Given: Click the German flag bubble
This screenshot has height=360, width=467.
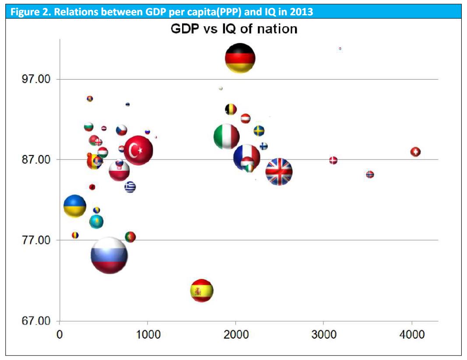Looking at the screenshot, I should click(240, 58).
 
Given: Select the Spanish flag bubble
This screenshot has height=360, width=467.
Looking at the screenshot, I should click(202, 291).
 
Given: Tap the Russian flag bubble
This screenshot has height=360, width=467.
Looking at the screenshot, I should click(109, 255).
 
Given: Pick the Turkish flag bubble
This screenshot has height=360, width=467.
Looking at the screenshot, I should click(138, 150).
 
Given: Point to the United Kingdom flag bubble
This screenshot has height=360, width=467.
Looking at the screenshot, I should click(279, 172).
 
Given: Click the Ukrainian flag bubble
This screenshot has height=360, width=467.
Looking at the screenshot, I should click(75, 206).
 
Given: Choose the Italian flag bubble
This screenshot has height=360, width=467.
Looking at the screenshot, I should click(226, 137).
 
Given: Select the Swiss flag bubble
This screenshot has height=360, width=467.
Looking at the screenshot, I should click(415, 152).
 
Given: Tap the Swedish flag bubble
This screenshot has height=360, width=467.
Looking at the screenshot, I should click(259, 131).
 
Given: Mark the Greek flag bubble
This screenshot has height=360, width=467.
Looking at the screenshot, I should click(130, 187).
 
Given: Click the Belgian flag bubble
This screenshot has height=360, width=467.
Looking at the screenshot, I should click(231, 109).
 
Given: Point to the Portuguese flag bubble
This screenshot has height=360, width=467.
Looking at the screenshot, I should click(130, 237).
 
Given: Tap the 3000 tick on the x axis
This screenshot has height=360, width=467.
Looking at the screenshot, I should click(323, 335).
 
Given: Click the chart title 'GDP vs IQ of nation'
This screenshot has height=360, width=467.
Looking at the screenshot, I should click(233, 29).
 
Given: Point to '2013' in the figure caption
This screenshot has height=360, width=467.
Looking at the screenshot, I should click(301, 12).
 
